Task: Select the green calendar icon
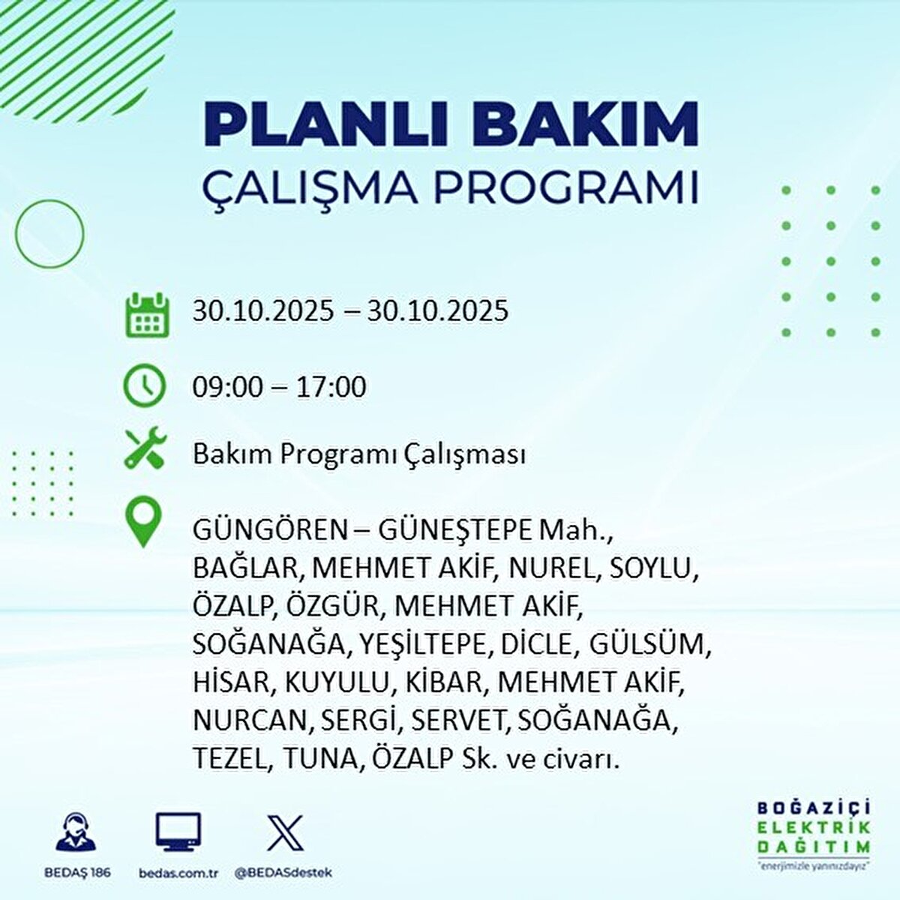147,315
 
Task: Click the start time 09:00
227,387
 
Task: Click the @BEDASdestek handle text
284,872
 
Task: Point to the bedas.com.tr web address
179,873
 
